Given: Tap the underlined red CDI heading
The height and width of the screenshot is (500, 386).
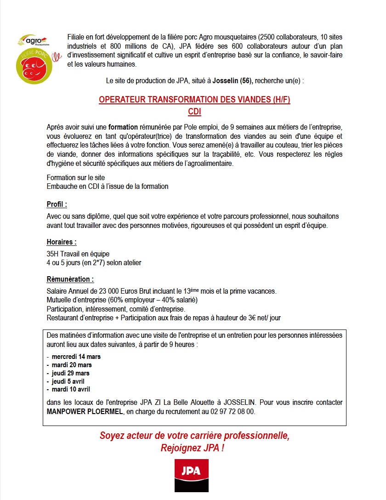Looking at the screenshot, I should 194,112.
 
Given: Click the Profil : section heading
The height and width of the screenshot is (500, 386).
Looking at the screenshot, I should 57,204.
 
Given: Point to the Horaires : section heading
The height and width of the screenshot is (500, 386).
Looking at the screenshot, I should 62,242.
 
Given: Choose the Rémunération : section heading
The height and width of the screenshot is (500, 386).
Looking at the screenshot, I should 70,279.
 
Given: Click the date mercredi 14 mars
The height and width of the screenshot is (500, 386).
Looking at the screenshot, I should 76,356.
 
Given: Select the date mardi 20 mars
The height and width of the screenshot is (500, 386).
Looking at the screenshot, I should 72,364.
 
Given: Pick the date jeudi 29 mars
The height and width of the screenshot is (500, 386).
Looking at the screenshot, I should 71,373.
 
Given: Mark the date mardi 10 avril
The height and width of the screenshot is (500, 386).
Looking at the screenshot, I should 71,389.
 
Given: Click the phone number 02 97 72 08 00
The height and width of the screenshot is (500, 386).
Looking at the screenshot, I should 233,411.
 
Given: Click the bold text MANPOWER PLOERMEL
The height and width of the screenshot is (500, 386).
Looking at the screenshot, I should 85,411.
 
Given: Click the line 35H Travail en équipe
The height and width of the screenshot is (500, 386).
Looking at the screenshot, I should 78,254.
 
